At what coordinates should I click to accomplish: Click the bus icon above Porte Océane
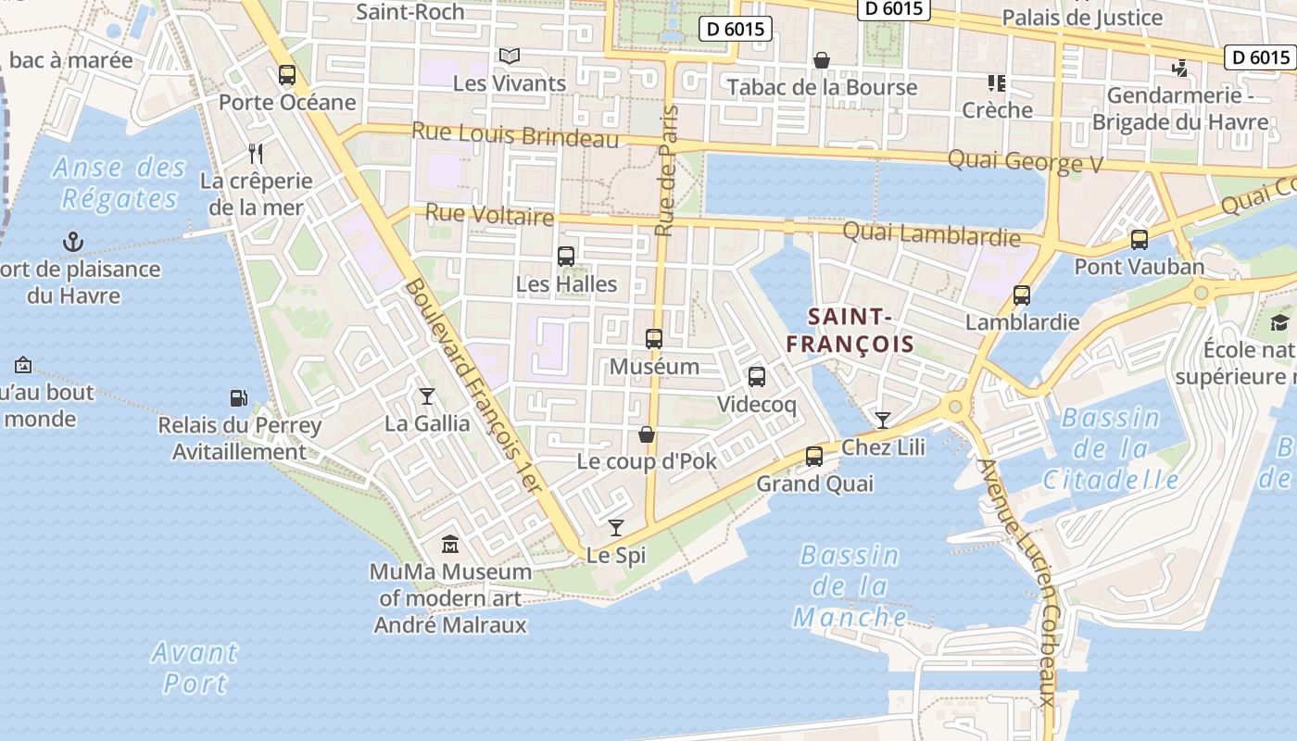point(287,75)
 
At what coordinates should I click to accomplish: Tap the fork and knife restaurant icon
point(257,154)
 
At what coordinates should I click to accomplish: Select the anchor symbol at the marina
point(72,243)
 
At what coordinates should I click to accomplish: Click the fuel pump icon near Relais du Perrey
point(239,398)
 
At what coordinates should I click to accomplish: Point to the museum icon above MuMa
point(450,544)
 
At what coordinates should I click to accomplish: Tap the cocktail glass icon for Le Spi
point(616,528)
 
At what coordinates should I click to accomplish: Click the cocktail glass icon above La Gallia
point(426,396)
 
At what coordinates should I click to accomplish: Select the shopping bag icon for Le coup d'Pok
point(647,434)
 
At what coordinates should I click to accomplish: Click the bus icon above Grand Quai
point(814,456)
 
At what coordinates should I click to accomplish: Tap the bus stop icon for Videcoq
point(757,377)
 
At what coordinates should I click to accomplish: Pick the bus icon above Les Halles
point(566,257)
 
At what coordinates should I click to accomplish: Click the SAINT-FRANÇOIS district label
point(850,331)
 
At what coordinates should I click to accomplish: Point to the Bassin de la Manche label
point(850,586)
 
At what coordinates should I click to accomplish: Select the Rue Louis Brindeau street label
point(514,134)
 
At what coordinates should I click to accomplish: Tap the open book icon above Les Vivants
point(510,56)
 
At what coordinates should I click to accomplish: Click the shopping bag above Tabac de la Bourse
point(821,61)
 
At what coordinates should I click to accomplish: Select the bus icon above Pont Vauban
point(1140,240)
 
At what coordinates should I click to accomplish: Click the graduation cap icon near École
point(1279,322)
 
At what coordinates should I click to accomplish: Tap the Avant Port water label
point(195,667)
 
